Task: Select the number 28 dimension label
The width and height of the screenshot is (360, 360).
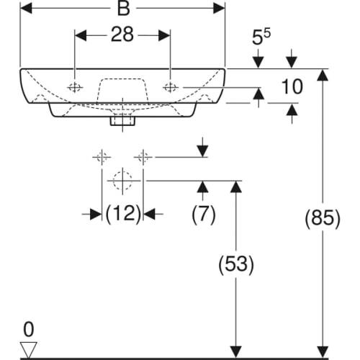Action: [122, 35]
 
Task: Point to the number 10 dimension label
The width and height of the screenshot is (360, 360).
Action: [292, 87]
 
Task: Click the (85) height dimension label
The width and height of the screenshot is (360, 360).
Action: [323, 217]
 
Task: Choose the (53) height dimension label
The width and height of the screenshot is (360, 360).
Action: [235, 264]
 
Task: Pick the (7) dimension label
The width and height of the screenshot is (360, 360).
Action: [203, 214]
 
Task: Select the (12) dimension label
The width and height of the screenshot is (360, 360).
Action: [122, 214]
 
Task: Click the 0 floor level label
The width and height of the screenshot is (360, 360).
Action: [28, 330]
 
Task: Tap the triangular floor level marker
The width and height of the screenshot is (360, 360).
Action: [28, 348]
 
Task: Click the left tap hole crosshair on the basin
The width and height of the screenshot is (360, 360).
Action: [75, 87]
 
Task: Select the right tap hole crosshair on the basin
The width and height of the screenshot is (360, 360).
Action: [171, 87]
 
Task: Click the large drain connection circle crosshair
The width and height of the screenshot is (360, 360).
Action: [122, 180]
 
